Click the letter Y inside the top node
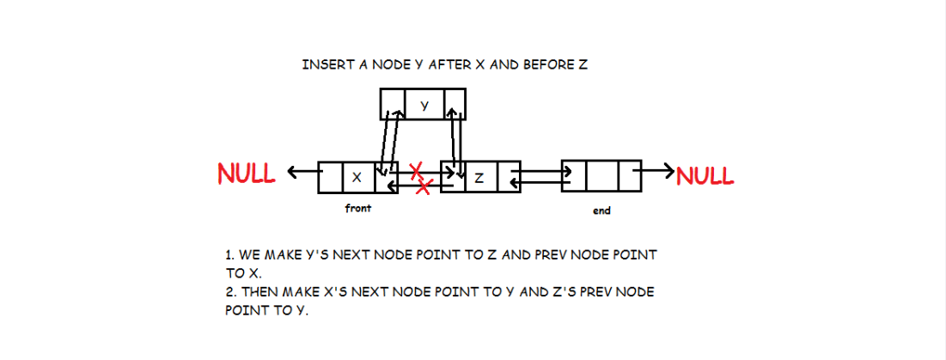(424, 105)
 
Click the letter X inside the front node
(357, 178)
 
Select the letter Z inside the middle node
(479, 178)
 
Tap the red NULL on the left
(246, 174)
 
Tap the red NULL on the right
(705, 175)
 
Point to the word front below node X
(357, 209)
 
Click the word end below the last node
(601, 211)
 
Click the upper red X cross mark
(417, 169)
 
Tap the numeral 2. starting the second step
(227, 292)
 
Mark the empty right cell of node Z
(509, 176)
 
